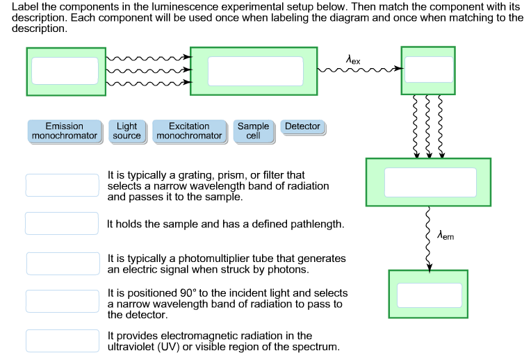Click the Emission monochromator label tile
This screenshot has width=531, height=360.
click(64, 131)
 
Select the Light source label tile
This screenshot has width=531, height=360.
click(126, 131)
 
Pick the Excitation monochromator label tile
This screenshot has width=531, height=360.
click(189, 131)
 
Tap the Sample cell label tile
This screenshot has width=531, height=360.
click(253, 131)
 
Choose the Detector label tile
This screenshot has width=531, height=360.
click(302, 126)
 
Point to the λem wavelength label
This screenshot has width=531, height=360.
click(445, 236)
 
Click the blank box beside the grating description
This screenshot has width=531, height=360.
click(63, 185)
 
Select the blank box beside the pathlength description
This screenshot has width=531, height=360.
click(62, 224)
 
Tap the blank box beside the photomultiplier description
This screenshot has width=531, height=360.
click(63, 263)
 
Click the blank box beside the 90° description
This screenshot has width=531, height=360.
click(63, 301)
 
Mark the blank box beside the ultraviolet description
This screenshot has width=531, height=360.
click(63, 341)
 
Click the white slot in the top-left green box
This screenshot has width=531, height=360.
click(65, 71)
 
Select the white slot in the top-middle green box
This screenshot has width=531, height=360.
click(255, 71)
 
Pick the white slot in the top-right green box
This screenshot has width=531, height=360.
click(429, 70)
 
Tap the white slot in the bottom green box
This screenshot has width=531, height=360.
click(429, 295)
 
